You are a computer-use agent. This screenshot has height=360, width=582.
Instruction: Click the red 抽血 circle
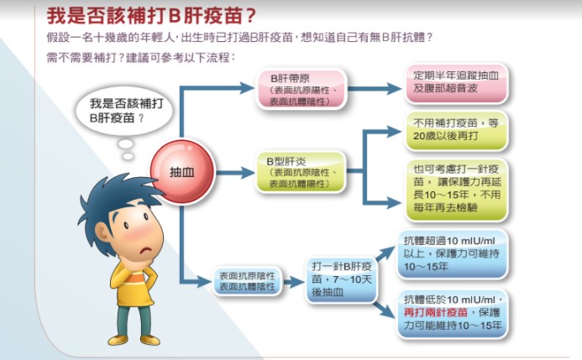(182, 172)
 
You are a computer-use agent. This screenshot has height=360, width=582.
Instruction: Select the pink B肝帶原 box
(301, 89)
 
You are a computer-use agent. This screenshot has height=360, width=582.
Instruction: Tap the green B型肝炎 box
(301, 172)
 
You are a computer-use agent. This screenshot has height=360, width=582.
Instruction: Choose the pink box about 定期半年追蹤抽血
(456, 83)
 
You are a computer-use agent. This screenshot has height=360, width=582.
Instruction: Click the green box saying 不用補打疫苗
(456, 130)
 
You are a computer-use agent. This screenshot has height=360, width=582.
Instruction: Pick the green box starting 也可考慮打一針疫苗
(456, 189)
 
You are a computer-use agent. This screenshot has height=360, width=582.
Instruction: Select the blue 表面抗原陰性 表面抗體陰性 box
(247, 281)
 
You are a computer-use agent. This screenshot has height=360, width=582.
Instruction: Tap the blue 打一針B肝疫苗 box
(342, 279)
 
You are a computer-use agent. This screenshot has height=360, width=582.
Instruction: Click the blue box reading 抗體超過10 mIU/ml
(452, 253)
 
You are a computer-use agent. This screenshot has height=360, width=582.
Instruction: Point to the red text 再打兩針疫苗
(435, 312)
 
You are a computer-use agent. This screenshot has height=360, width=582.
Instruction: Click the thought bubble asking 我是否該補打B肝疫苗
(124, 111)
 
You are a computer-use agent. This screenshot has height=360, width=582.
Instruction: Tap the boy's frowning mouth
(147, 250)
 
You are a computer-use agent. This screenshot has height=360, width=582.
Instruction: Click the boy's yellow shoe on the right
(149, 339)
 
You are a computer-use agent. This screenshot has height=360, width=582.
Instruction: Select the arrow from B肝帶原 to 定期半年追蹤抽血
(375, 89)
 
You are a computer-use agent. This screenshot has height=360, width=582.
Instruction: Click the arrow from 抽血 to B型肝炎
(235, 172)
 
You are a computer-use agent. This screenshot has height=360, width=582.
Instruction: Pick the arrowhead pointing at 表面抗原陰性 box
(204, 282)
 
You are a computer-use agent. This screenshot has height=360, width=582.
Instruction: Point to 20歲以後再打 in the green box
(445, 136)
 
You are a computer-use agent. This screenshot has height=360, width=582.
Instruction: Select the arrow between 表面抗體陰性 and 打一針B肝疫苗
(294, 282)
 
